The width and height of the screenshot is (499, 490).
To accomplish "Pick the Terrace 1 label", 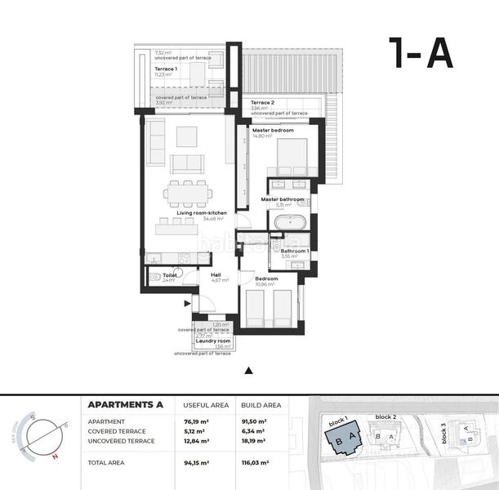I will click(x=167, y=69).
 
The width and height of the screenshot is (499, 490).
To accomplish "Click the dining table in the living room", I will click(x=188, y=194).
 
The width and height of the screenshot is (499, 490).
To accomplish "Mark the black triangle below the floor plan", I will click(x=249, y=370).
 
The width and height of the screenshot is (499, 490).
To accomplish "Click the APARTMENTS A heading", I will click(x=125, y=404).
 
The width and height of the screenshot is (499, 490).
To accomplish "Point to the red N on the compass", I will click(x=55, y=458).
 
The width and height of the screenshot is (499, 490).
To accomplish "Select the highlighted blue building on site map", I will click(x=344, y=442).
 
